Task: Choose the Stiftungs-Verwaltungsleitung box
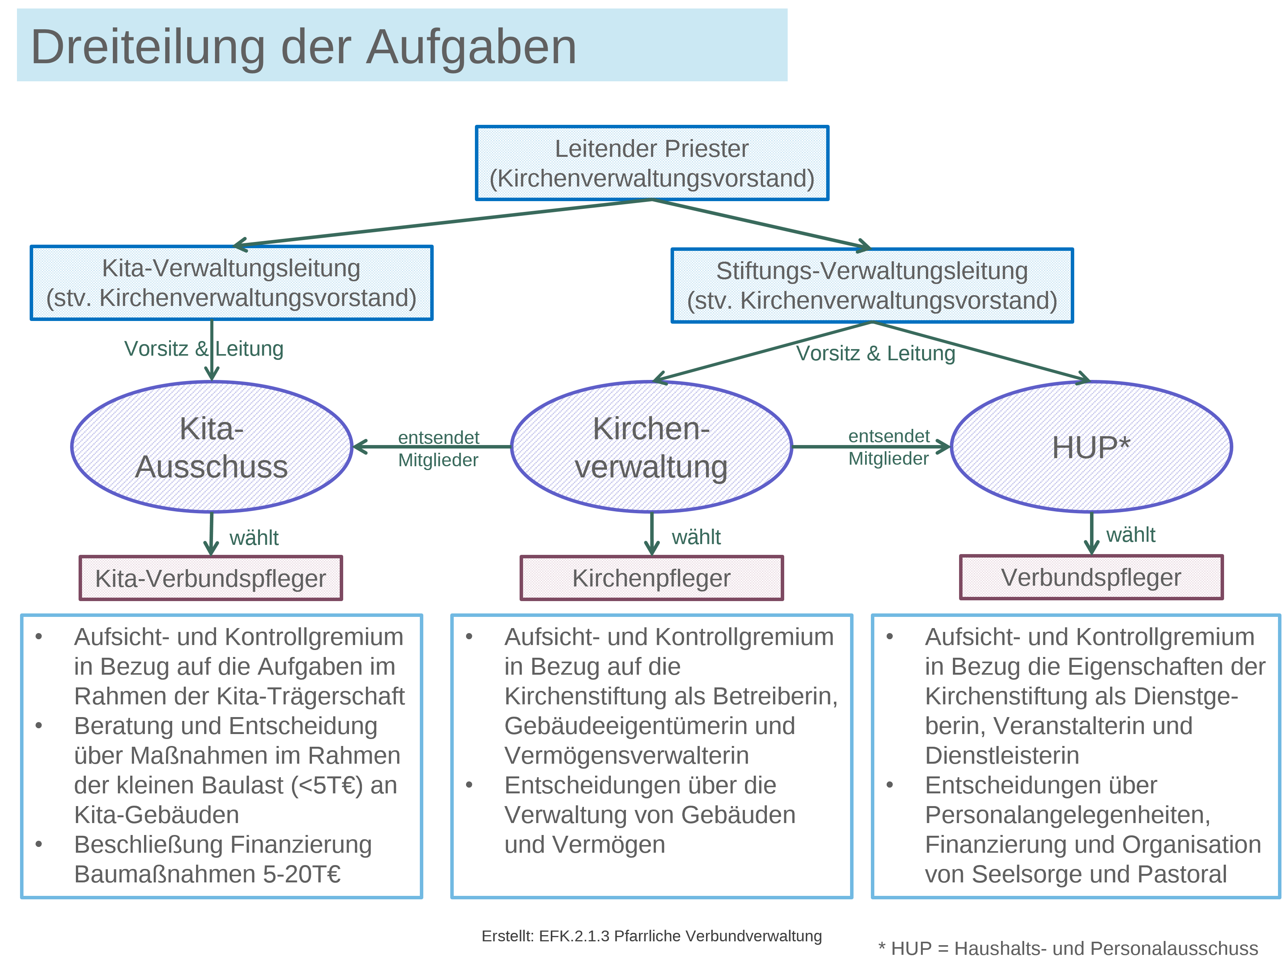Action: (872, 286)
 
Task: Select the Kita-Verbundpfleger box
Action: (210, 578)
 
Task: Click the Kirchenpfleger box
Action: (651, 578)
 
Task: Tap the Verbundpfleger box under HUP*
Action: (1091, 577)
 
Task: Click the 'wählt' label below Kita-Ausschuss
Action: (254, 538)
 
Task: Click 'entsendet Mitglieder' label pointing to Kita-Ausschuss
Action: (438, 449)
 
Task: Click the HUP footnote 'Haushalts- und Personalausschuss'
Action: (1068, 948)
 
